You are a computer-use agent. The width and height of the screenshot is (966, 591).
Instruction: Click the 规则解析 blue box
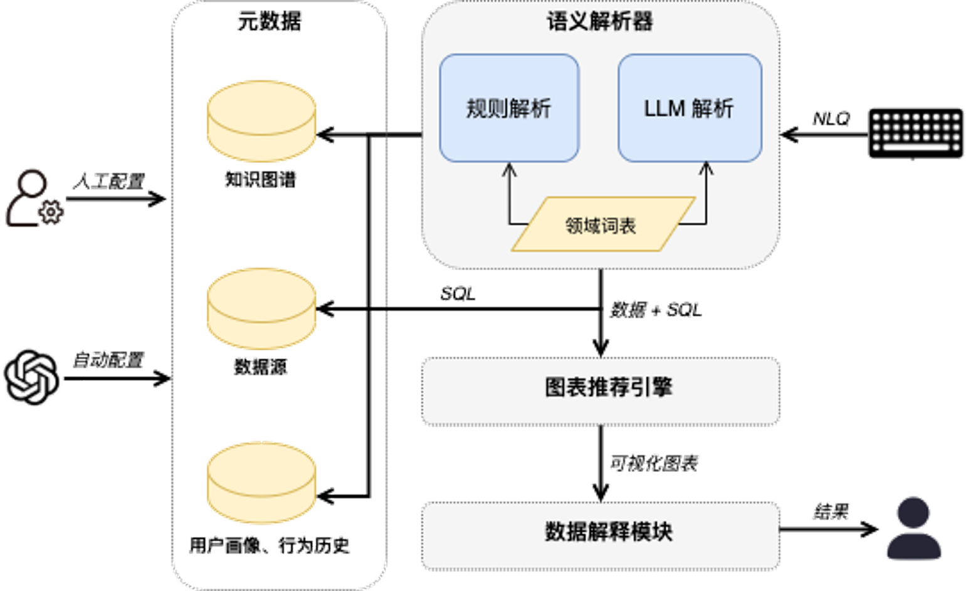(509, 108)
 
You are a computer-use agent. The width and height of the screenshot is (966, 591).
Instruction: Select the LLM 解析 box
(690, 108)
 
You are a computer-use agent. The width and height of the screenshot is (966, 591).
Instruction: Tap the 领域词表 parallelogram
(602, 225)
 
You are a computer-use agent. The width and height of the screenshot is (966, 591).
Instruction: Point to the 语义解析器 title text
(600, 22)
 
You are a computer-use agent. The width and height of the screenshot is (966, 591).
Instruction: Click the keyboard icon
(915, 133)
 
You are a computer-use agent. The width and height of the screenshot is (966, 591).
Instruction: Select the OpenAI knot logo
(33, 377)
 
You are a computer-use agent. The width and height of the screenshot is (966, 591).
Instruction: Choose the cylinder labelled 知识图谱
(261, 121)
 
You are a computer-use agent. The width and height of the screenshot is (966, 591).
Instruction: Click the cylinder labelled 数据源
(261, 308)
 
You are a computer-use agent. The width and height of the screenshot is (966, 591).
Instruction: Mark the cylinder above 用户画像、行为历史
(261, 484)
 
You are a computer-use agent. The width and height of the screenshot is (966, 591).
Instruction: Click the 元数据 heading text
(269, 22)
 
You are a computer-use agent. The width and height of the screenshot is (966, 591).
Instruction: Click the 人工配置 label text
(109, 181)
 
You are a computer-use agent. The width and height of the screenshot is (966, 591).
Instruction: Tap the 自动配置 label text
(109, 360)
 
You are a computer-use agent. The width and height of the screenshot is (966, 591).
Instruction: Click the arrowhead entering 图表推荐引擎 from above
(601, 347)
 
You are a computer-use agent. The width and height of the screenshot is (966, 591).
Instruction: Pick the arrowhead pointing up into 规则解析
(509, 169)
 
